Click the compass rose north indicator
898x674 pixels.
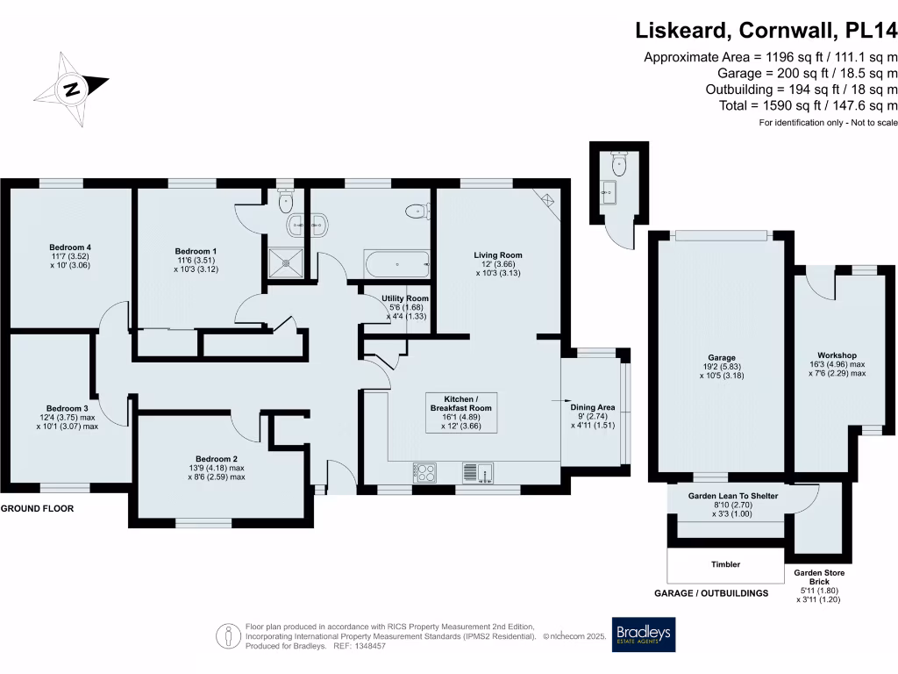tap(71, 89)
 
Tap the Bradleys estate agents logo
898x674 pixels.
tap(644, 635)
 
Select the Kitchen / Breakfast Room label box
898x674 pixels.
tap(461, 412)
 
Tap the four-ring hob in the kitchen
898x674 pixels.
tap(424, 472)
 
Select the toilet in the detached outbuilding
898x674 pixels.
tap(621, 163)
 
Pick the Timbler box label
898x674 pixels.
tap(724, 564)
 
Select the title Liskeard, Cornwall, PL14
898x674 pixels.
tap(766, 32)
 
